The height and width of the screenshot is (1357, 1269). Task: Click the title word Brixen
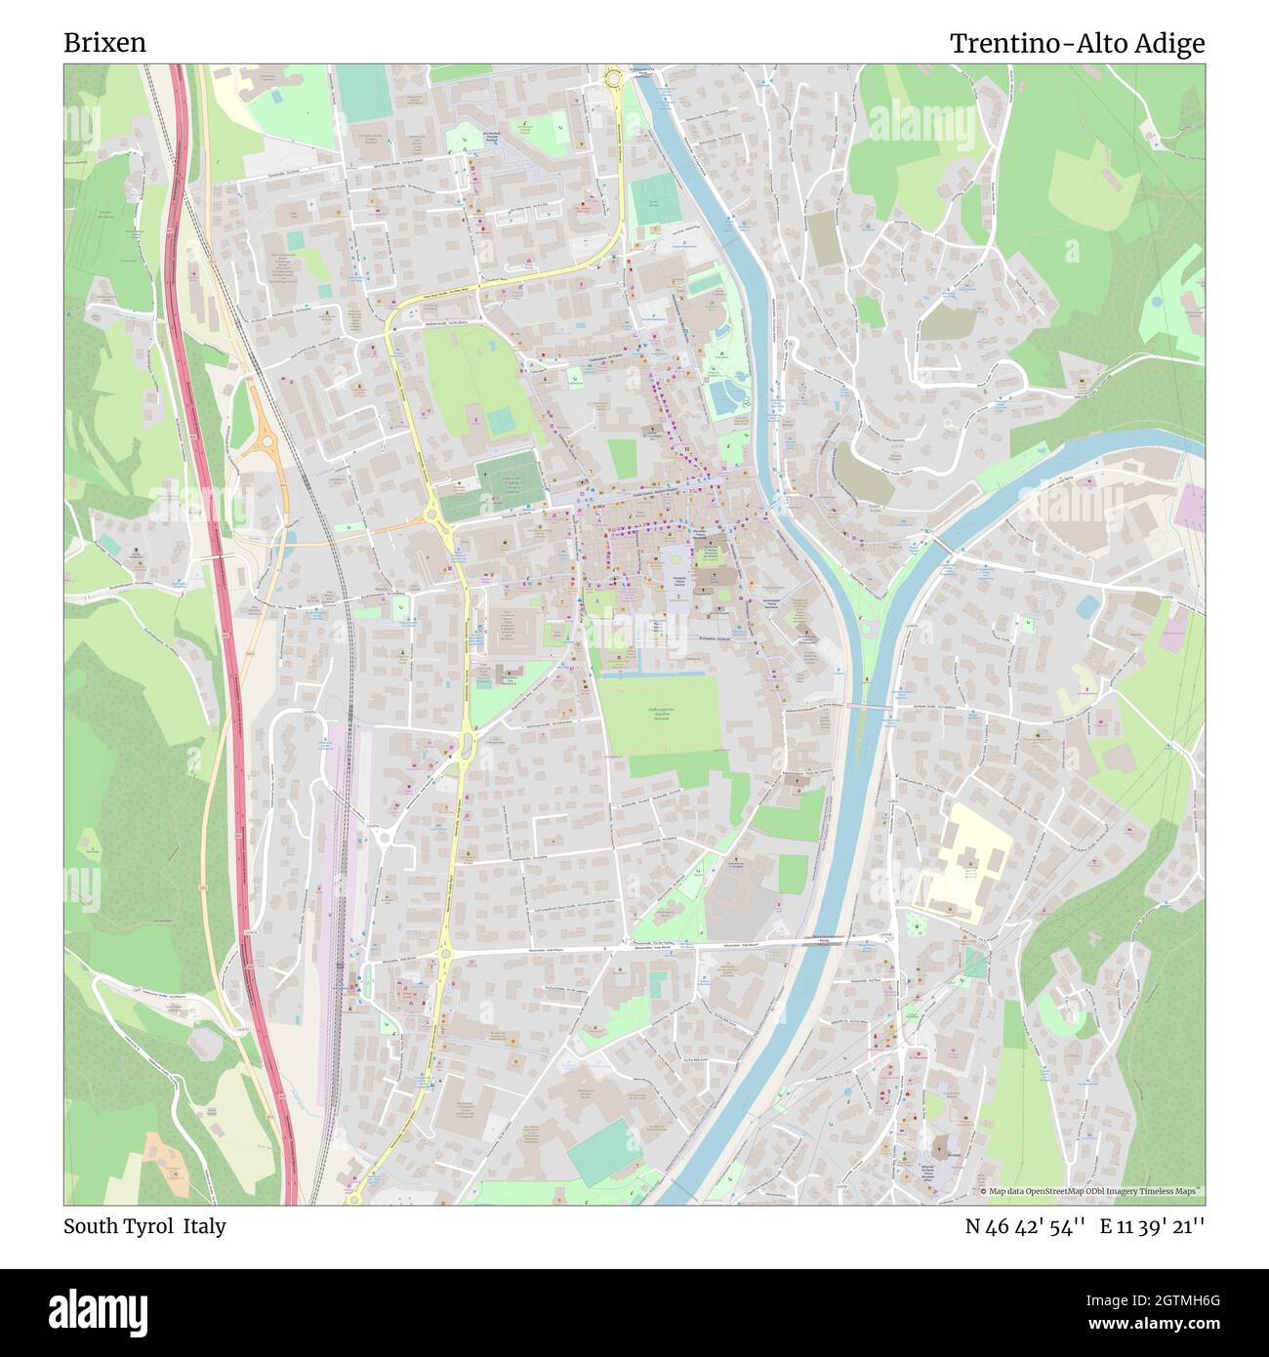(105, 43)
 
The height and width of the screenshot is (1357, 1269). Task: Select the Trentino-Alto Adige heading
(1077, 43)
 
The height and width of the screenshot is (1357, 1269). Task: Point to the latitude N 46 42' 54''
(1024, 1226)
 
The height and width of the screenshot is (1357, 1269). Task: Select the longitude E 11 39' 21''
(1152, 1226)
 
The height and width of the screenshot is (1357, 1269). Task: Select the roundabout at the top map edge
(614, 78)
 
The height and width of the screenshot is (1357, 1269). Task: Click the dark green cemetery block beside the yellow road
(510, 484)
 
